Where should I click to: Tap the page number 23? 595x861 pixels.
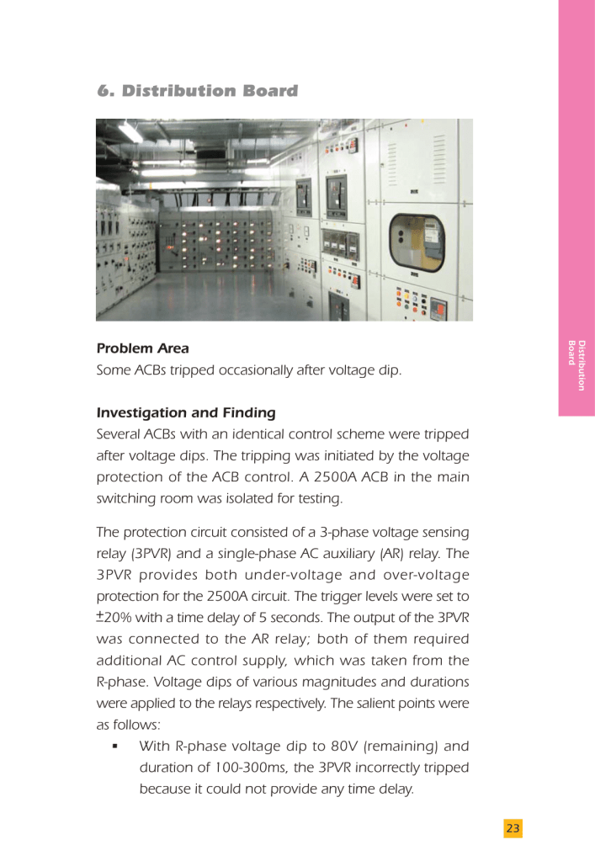pyautogui.click(x=513, y=829)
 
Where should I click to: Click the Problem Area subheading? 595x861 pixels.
pyautogui.click(x=142, y=348)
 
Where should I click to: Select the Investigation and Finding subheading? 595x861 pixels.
pyautogui.click(x=186, y=413)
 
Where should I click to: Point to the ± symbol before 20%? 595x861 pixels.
pyautogui.click(x=100, y=617)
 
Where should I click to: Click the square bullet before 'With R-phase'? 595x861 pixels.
pyautogui.click(x=114, y=747)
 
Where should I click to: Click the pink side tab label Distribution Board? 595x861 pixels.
pyautogui.click(x=576, y=365)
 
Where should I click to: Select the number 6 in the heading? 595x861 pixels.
pyautogui.click(x=104, y=91)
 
